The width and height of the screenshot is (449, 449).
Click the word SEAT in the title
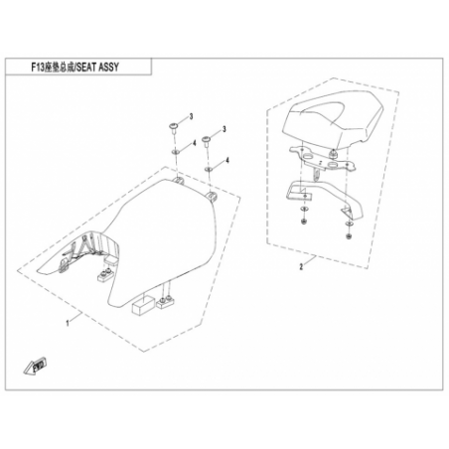[x=88, y=68]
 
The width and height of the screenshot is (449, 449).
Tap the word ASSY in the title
[x=108, y=68]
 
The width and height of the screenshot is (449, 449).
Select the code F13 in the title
[x=38, y=68]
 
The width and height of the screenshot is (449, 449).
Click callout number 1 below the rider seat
[x=68, y=323]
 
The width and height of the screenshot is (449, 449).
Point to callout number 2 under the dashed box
[x=301, y=266]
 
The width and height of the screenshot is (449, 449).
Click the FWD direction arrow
[x=36, y=366]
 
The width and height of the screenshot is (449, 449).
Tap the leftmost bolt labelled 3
[x=173, y=128]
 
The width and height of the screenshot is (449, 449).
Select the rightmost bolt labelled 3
[x=207, y=140]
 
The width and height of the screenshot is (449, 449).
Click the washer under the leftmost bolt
[x=175, y=152]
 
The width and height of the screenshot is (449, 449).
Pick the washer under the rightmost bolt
[x=209, y=169]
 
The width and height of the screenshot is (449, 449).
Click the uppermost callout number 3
[x=191, y=116]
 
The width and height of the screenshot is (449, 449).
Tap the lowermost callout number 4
[x=227, y=160]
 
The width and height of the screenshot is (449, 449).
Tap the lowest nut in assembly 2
[x=348, y=236]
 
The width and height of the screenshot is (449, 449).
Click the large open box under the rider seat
[x=143, y=305]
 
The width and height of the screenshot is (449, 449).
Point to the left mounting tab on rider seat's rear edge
[x=179, y=181]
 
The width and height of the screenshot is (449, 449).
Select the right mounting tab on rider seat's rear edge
[x=213, y=196]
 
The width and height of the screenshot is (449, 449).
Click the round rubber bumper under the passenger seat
[x=332, y=152]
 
